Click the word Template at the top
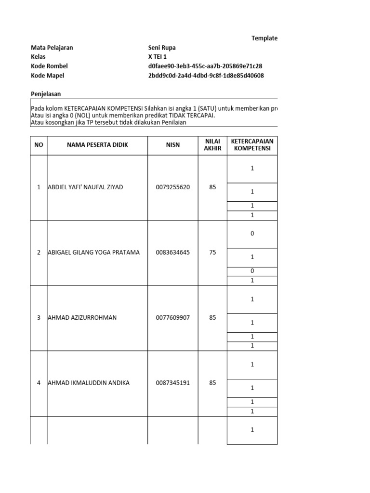264,39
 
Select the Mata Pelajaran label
52,48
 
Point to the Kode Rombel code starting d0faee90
205,66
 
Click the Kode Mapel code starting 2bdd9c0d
206,76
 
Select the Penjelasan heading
46,94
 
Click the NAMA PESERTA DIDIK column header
97,145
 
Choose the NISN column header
173,145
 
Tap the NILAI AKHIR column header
212,145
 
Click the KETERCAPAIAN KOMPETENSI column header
252,145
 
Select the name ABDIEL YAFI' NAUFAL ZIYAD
85,187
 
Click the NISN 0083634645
173,252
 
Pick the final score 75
212,252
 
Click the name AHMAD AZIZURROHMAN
82,318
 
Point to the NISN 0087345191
173,383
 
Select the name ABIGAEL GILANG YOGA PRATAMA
93,252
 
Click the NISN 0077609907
173,318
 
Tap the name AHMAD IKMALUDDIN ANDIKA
88,383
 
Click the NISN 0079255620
173,187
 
